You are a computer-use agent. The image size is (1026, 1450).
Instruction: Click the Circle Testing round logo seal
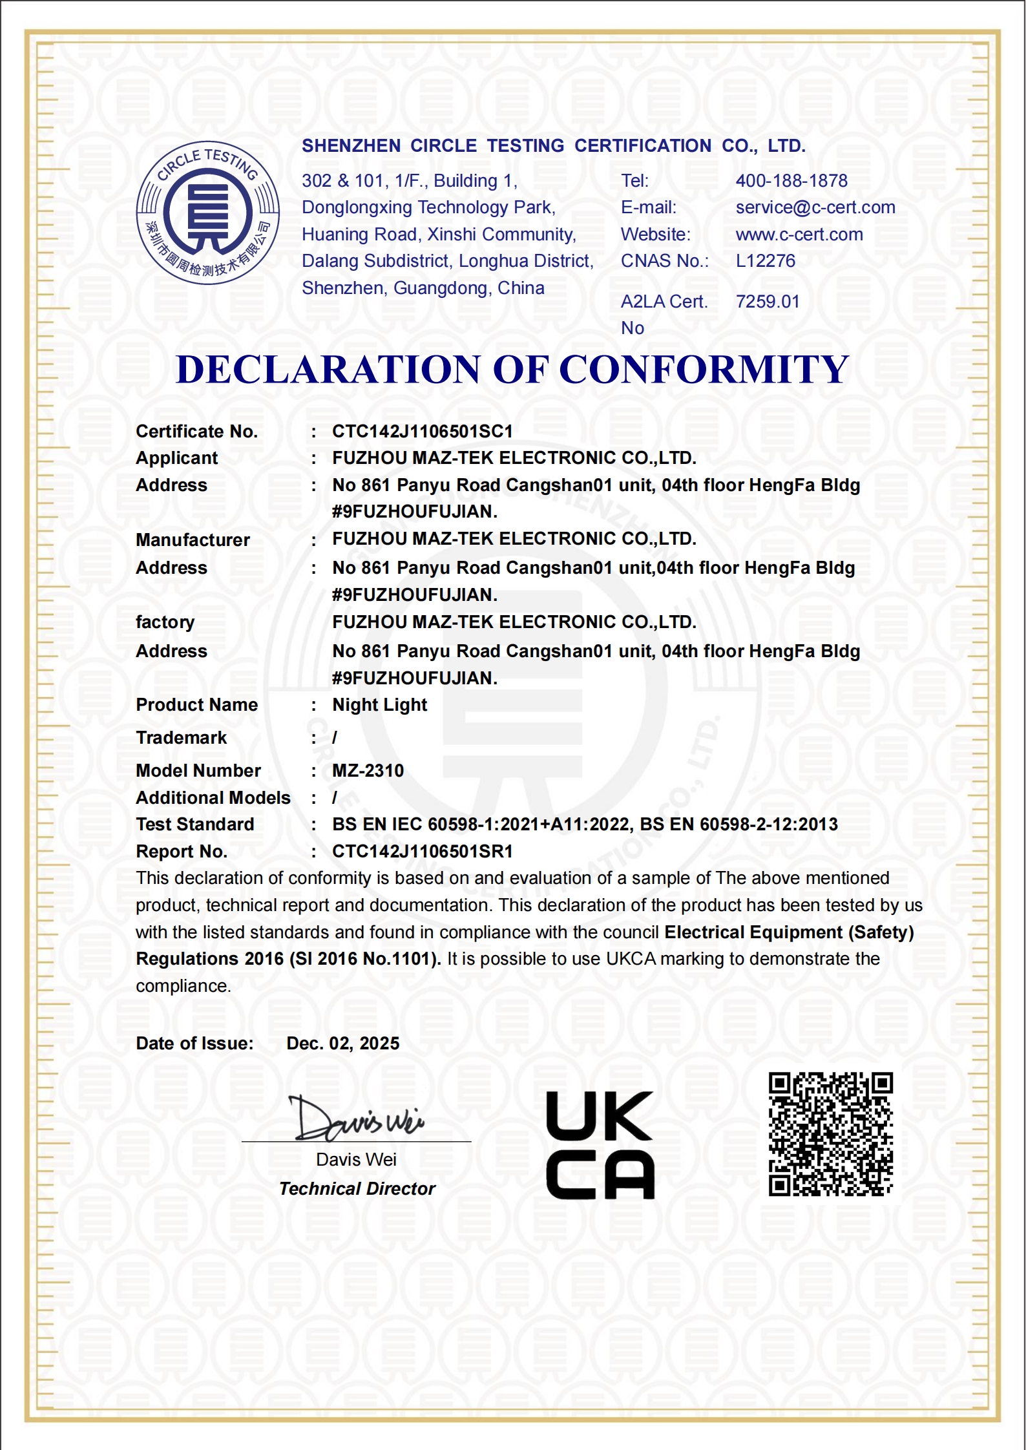tap(208, 213)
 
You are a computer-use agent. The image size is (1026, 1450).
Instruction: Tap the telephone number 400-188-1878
tap(791, 181)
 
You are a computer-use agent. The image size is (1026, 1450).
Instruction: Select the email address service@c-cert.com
tap(815, 207)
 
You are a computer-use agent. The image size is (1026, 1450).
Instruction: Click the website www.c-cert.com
tap(799, 235)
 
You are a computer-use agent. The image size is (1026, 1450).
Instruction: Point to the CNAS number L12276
tap(765, 261)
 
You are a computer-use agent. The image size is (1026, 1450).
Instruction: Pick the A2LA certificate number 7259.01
tap(767, 302)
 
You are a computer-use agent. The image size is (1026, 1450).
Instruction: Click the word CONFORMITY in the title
tap(703, 370)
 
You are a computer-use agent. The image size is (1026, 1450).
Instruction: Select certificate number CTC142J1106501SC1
tap(422, 432)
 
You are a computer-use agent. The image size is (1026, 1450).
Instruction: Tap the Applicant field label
tap(176, 458)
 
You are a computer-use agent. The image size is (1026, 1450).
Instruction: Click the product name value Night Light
tap(379, 705)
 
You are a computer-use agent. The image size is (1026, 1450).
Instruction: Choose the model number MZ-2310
tap(368, 771)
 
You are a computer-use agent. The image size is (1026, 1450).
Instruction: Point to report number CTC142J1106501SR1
tap(422, 852)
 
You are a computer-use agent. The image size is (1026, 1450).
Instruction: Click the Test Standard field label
tap(194, 825)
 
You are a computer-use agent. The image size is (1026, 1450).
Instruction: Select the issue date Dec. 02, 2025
tap(342, 1044)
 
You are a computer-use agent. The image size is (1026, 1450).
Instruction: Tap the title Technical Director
tap(357, 1189)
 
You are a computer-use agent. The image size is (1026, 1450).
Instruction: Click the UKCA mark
tap(600, 1145)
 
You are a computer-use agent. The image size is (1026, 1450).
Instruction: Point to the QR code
tap(830, 1134)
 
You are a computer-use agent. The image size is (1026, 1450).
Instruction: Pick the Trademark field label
tap(181, 738)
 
